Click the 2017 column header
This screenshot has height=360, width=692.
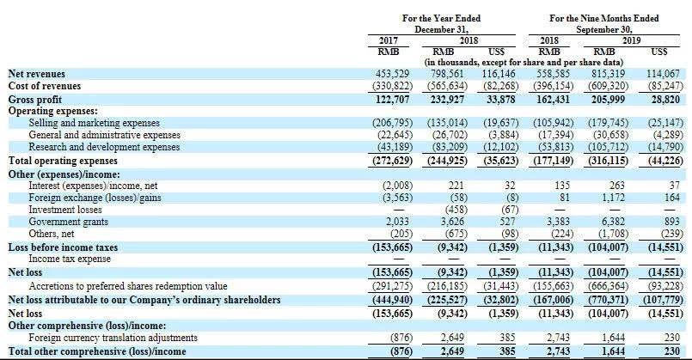[x=392, y=40]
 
